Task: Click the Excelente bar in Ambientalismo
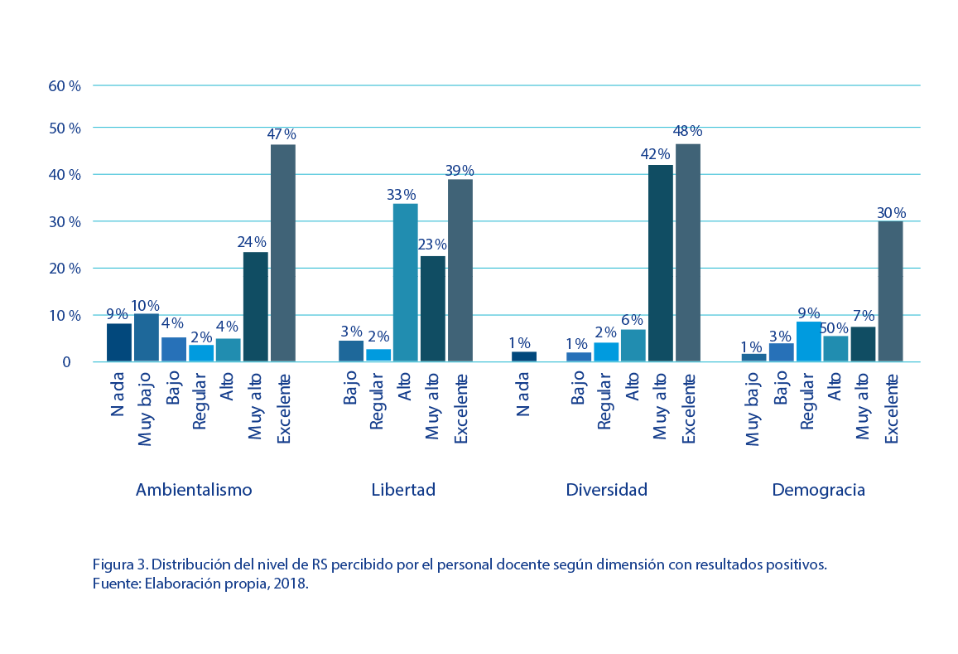(x=283, y=253)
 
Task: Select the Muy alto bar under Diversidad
(x=661, y=264)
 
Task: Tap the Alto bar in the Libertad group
(x=405, y=282)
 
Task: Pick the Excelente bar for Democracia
(x=890, y=291)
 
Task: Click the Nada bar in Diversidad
(x=524, y=356)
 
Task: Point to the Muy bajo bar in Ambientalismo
(x=147, y=337)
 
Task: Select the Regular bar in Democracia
(x=808, y=342)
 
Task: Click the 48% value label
(x=687, y=131)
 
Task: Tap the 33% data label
(x=402, y=196)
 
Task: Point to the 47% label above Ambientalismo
(x=282, y=134)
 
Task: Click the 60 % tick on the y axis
(x=65, y=85)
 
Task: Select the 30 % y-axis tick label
(x=65, y=222)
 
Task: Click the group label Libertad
(x=403, y=490)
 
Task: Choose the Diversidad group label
(x=606, y=490)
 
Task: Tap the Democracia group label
(x=818, y=490)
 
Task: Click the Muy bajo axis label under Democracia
(x=753, y=409)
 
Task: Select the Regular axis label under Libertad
(x=377, y=402)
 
